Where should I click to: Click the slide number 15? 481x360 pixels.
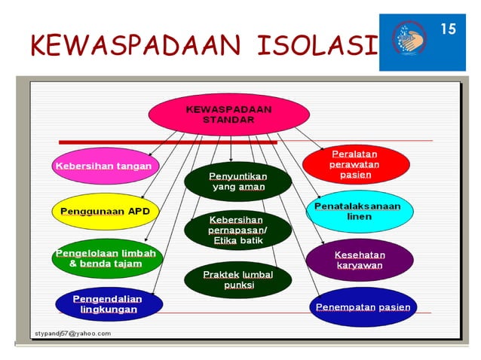(x=449, y=29)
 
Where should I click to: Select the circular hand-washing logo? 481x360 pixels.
(x=413, y=41)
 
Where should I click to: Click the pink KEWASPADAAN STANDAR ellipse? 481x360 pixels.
(x=228, y=114)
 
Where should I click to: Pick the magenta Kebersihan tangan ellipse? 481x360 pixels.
(x=102, y=166)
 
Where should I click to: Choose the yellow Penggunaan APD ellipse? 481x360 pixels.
(x=106, y=212)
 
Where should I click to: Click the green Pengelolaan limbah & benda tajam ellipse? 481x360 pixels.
(x=106, y=258)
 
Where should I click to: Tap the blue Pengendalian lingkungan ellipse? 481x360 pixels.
(x=109, y=304)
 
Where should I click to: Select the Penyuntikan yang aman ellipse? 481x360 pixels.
(x=227, y=182)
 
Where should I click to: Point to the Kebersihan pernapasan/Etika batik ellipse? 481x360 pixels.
(x=227, y=230)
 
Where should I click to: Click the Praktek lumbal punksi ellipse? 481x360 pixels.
(x=227, y=279)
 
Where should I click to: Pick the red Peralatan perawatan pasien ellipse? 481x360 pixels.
(x=355, y=164)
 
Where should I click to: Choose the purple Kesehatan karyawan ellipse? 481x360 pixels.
(x=359, y=260)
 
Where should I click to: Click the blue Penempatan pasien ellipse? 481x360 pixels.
(x=363, y=307)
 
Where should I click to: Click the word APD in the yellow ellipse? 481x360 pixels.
(x=139, y=212)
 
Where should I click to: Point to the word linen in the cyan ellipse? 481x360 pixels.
(x=359, y=217)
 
